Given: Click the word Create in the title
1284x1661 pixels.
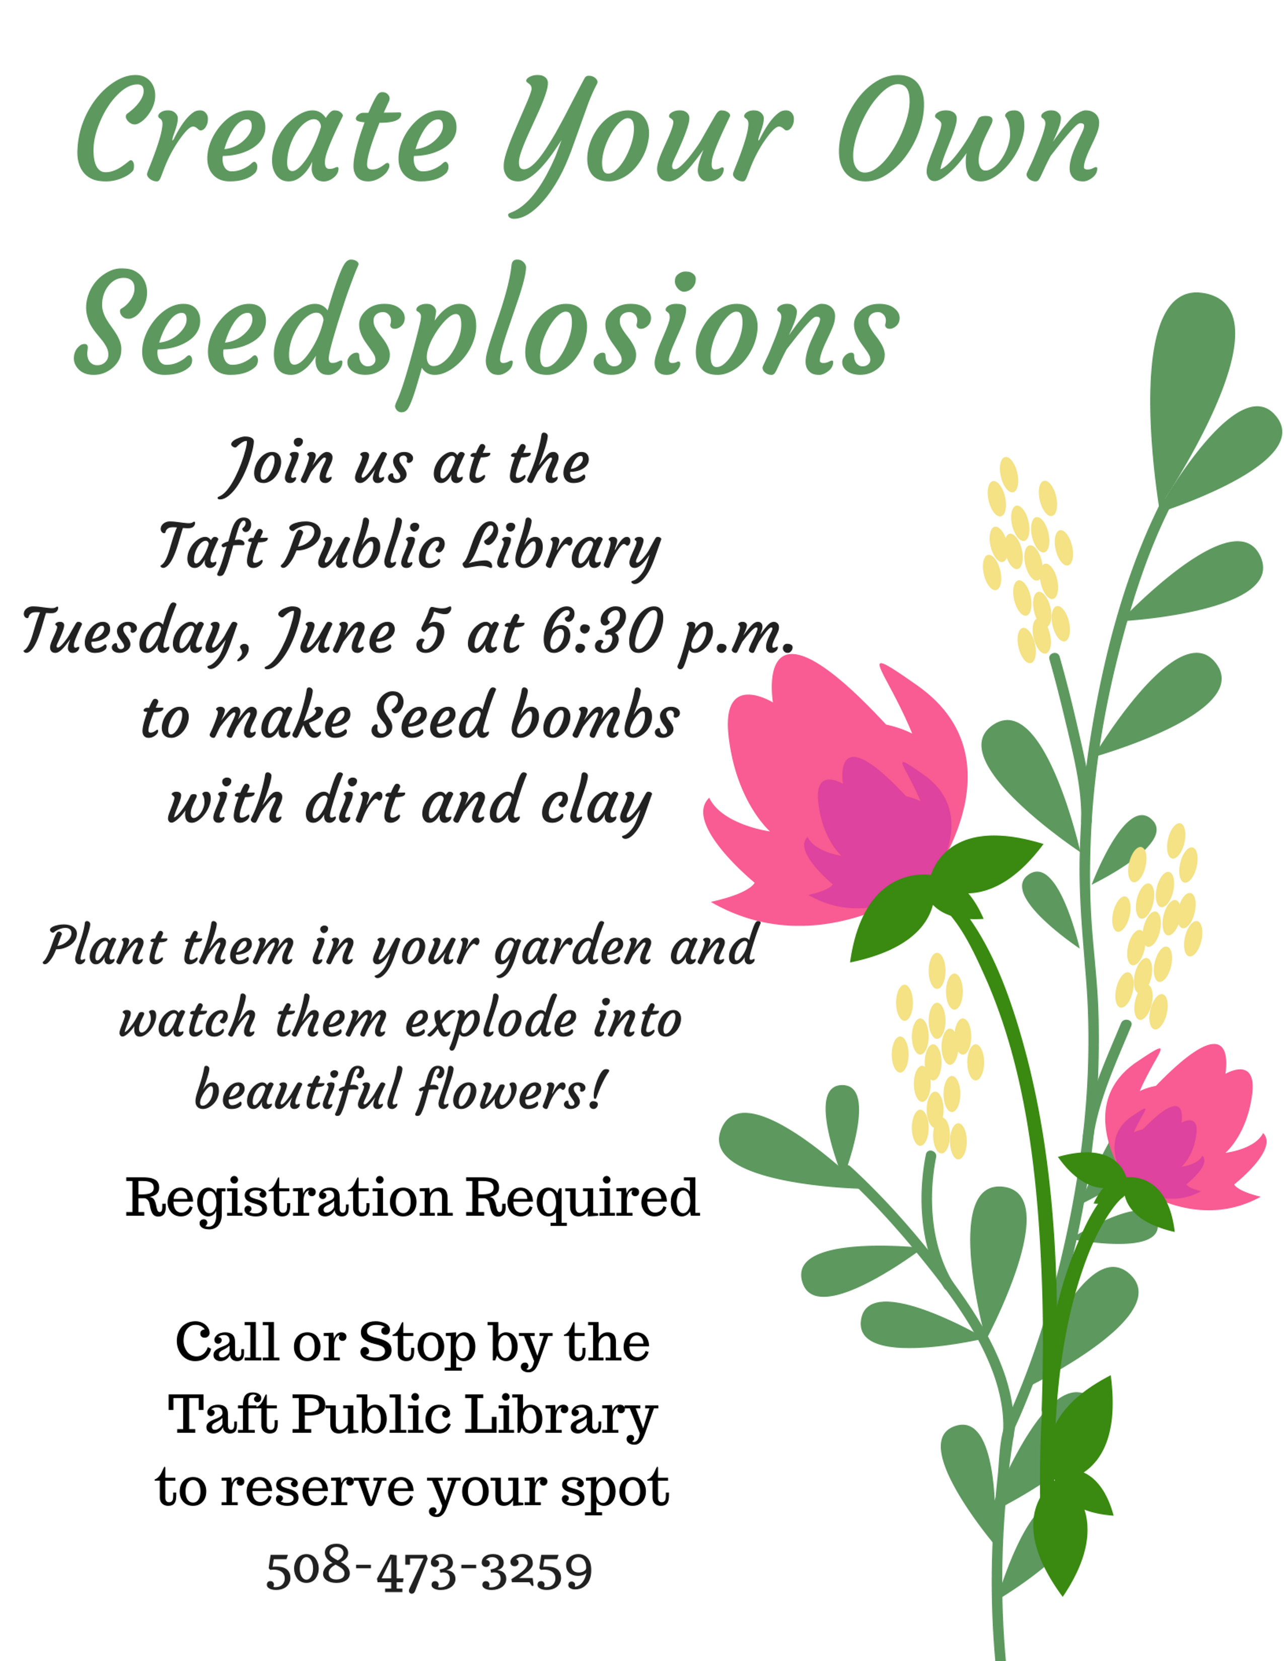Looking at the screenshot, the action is [266, 129].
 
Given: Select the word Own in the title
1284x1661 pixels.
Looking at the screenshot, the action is [970, 129].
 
